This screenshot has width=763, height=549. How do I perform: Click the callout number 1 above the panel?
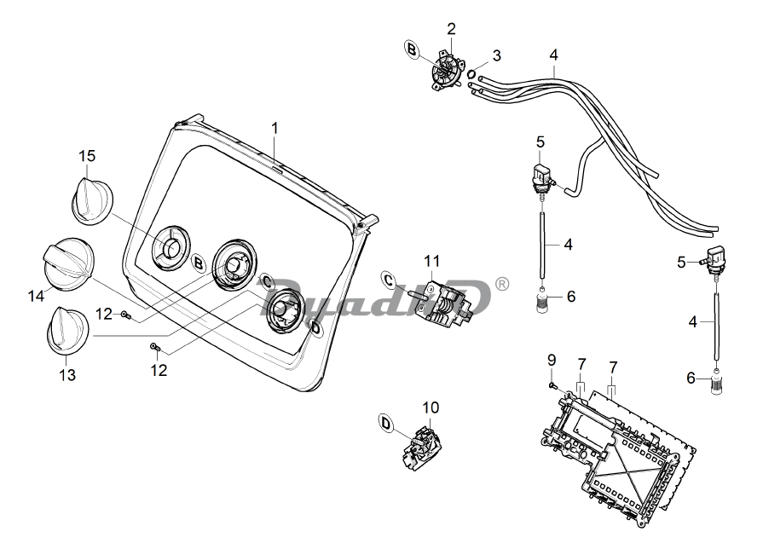(275, 128)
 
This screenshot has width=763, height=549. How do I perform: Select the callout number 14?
(35, 296)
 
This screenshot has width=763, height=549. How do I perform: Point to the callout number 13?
(66, 374)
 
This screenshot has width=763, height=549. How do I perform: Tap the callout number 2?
(451, 29)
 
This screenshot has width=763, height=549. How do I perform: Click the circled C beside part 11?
(390, 280)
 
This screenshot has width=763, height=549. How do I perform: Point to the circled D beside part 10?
(385, 423)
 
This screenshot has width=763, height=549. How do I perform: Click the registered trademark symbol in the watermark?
(502, 284)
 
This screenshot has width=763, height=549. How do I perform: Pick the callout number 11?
(432, 259)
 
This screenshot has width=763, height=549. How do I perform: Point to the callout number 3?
(496, 56)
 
